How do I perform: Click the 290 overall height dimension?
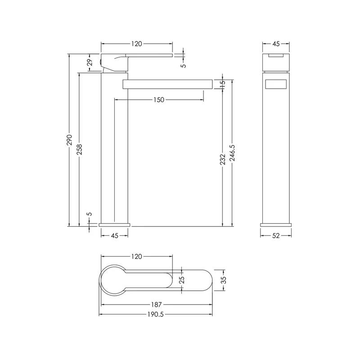(69, 140)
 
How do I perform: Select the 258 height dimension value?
(80, 149)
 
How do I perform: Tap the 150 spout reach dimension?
(159, 100)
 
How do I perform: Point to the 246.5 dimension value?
(232, 153)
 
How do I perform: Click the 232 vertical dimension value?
(222, 159)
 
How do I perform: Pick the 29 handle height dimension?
(90, 62)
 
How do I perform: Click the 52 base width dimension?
(276, 236)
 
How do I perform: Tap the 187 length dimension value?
(156, 305)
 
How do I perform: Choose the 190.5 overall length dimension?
(156, 314)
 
